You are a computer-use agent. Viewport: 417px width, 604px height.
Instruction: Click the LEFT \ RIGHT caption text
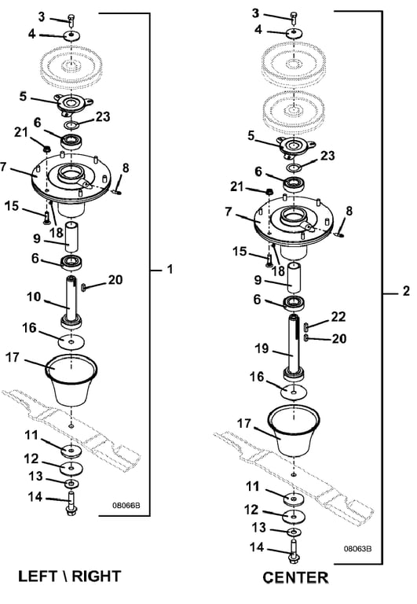pyautogui.click(x=70, y=576)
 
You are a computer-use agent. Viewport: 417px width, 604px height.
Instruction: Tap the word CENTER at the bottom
pyautogui.click(x=295, y=578)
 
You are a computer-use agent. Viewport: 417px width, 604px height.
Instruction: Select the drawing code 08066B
pyautogui.click(x=126, y=505)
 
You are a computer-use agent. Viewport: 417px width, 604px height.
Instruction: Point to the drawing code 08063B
pyautogui.click(x=357, y=548)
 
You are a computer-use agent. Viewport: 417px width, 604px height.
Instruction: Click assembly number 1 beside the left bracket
pyautogui.click(x=170, y=269)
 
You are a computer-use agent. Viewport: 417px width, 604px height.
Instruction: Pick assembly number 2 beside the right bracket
pyautogui.click(x=406, y=291)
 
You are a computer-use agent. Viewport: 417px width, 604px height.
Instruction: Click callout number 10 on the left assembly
pyautogui.click(x=34, y=297)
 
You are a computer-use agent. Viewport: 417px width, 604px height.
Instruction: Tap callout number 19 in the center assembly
pyautogui.click(x=262, y=348)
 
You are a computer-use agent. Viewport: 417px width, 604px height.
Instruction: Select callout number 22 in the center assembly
pyautogui.click(x=338, y=317)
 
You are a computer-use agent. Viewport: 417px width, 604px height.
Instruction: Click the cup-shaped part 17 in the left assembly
pyautogui.click(x=71, y=379)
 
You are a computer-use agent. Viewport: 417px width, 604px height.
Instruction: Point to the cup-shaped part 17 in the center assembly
pyautogui.click(x=294, y=431)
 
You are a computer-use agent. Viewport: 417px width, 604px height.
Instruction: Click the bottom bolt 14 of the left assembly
pyautogui.click(x=71, y=504)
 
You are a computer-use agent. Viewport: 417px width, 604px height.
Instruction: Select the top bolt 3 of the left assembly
pyautogui.click(x=71, y=19)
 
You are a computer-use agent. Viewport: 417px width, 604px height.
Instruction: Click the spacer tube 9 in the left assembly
pyautogui.click(x=71, y=235)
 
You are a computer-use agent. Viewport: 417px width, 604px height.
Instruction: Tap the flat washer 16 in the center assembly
pyautogui.click(x=294, y=392)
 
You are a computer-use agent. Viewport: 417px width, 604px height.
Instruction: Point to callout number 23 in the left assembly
pyautogui.click(x=103, y=116)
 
